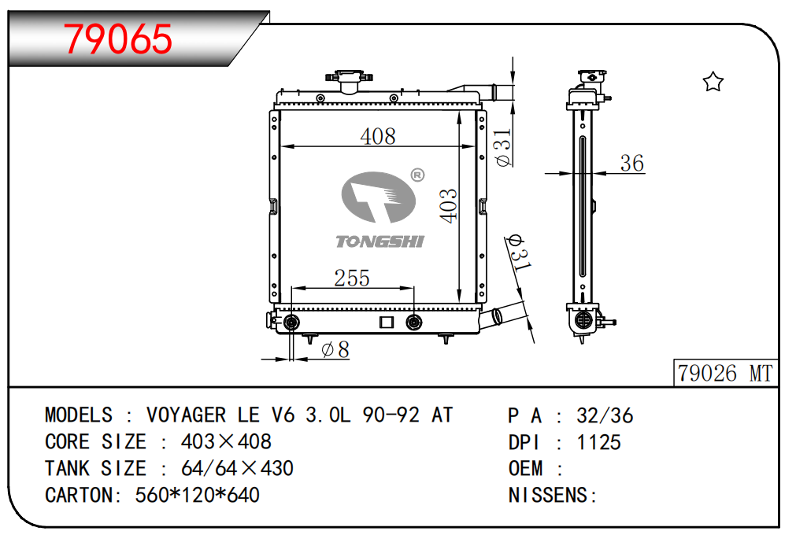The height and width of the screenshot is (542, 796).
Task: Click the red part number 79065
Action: click(x=118, y=39)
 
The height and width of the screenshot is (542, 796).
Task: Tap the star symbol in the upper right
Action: click(x=713, y=82)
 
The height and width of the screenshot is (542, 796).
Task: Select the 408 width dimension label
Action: click(x=378, y=136)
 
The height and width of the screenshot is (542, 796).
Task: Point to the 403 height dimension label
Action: click(x=449, y=206)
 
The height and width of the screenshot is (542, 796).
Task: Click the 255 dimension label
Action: click(x=352, y=278)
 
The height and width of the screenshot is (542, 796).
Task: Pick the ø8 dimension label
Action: click(x=335, y=350)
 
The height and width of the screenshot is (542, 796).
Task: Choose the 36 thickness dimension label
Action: click(x=632, y=164)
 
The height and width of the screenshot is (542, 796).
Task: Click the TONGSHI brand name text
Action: click(x=379, y=242)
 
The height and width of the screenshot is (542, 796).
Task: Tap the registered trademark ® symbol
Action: click(x=417, y=175)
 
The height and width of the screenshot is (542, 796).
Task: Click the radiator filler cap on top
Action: click(x=350, y=79)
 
